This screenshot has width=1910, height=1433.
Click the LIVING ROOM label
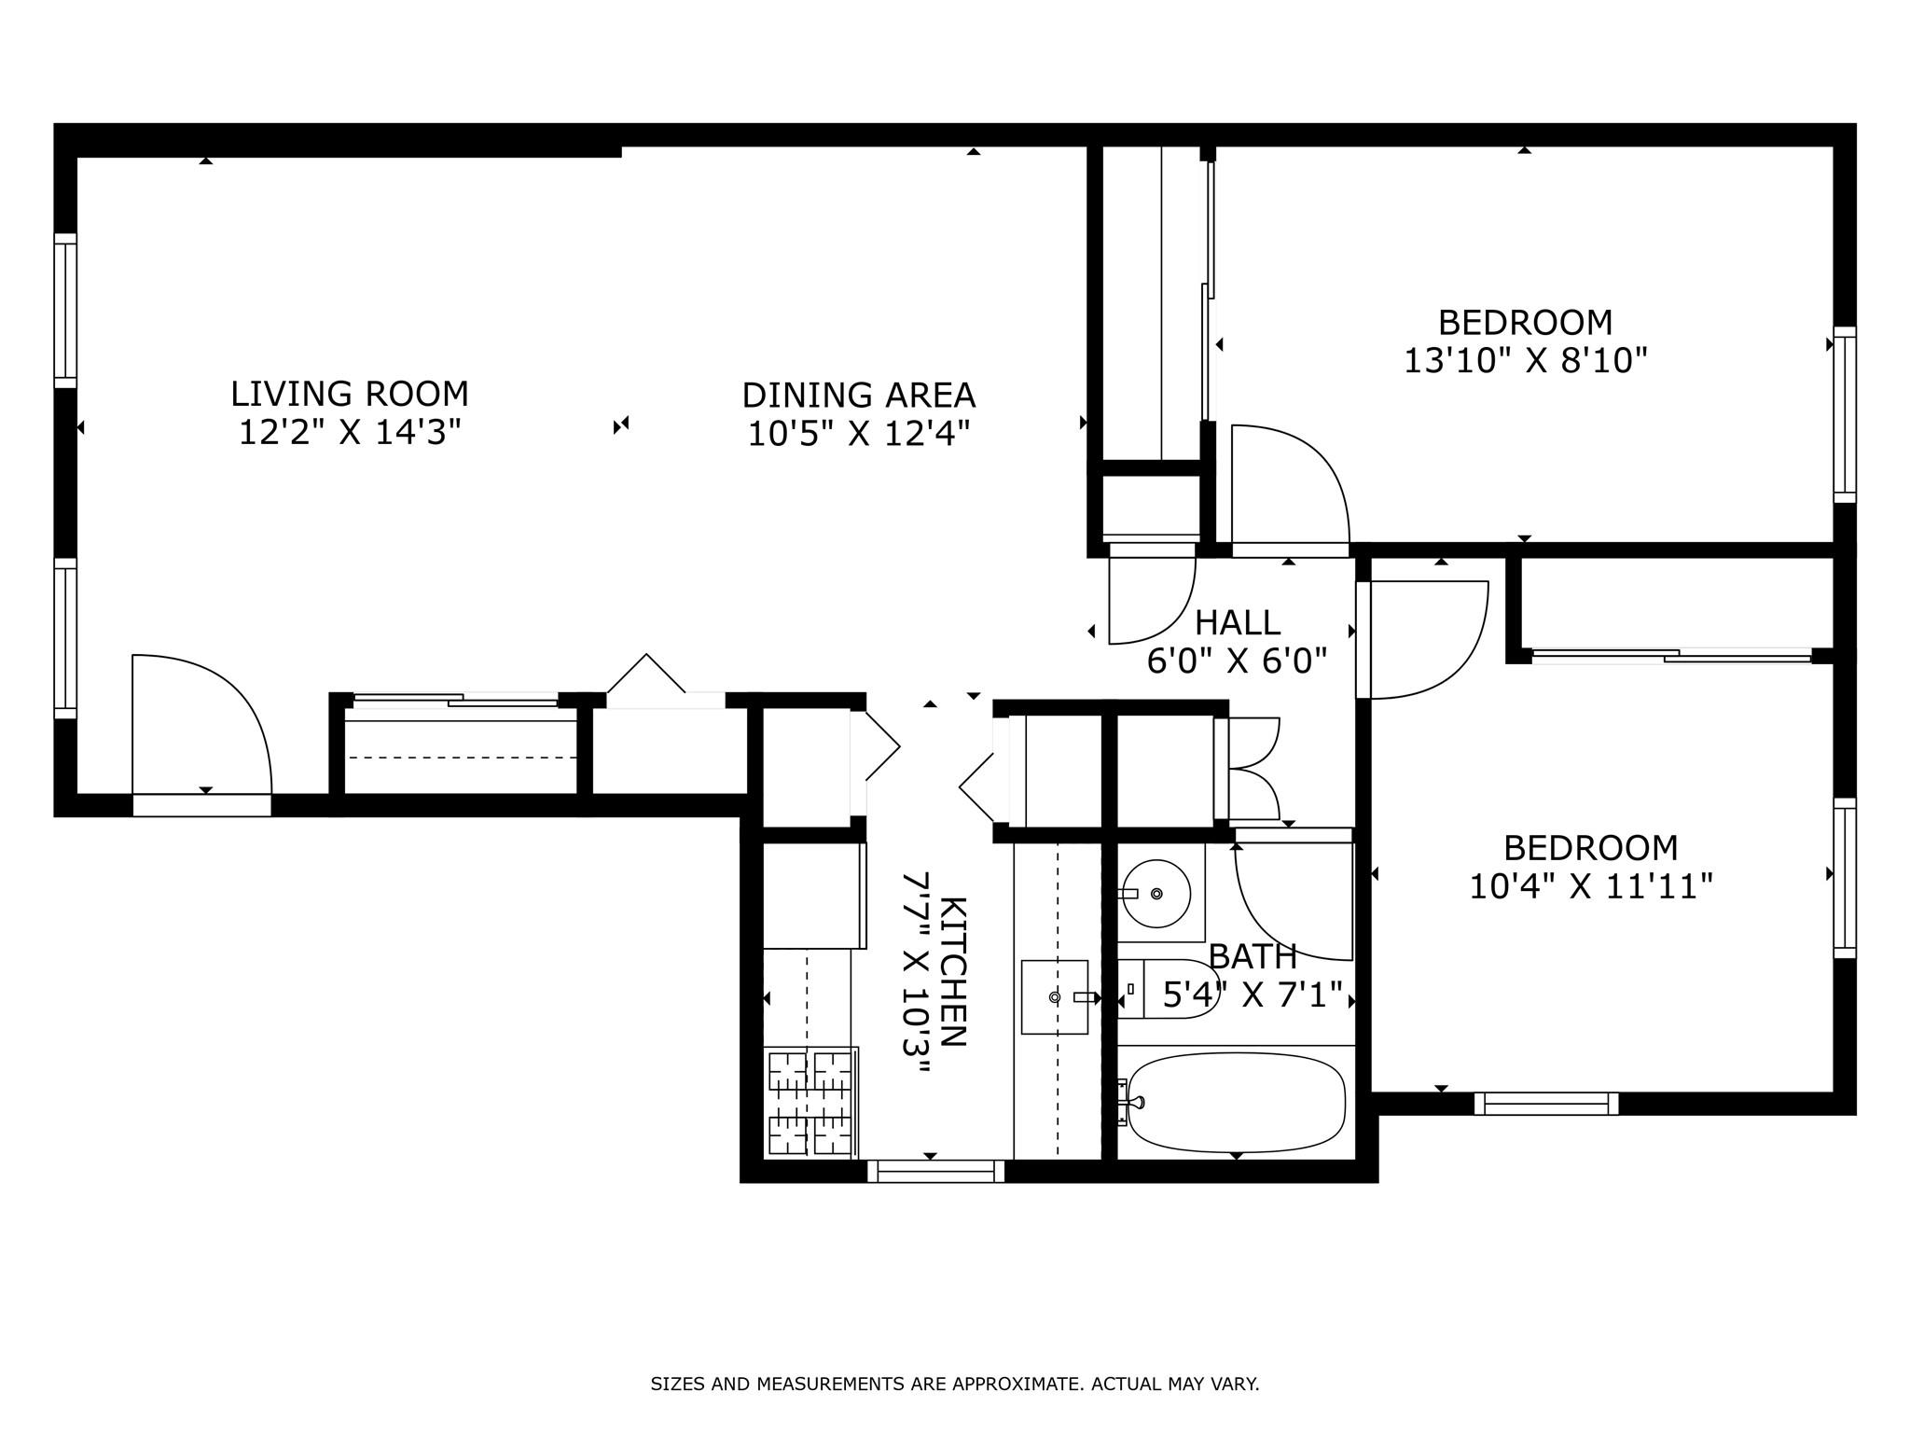pos(350,394)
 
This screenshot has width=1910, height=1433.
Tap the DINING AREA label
pos(858,396)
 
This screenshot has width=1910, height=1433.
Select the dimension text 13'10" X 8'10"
pos(1526,360)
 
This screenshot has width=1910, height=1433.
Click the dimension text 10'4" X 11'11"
pos(1590,885)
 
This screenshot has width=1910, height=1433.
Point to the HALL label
pos(1238,622)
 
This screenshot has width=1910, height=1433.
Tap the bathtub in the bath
pos(1236,1102)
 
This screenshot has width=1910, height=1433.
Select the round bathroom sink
pos(1156,894)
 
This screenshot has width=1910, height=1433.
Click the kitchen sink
pos(1055,997)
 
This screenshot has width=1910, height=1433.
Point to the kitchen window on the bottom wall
pos(936,1171)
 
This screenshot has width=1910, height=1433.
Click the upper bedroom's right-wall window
pos(1845,415)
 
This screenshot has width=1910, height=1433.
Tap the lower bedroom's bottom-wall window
pos(1546,1104)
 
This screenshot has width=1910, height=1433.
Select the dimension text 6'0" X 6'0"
pos(1237,661)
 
